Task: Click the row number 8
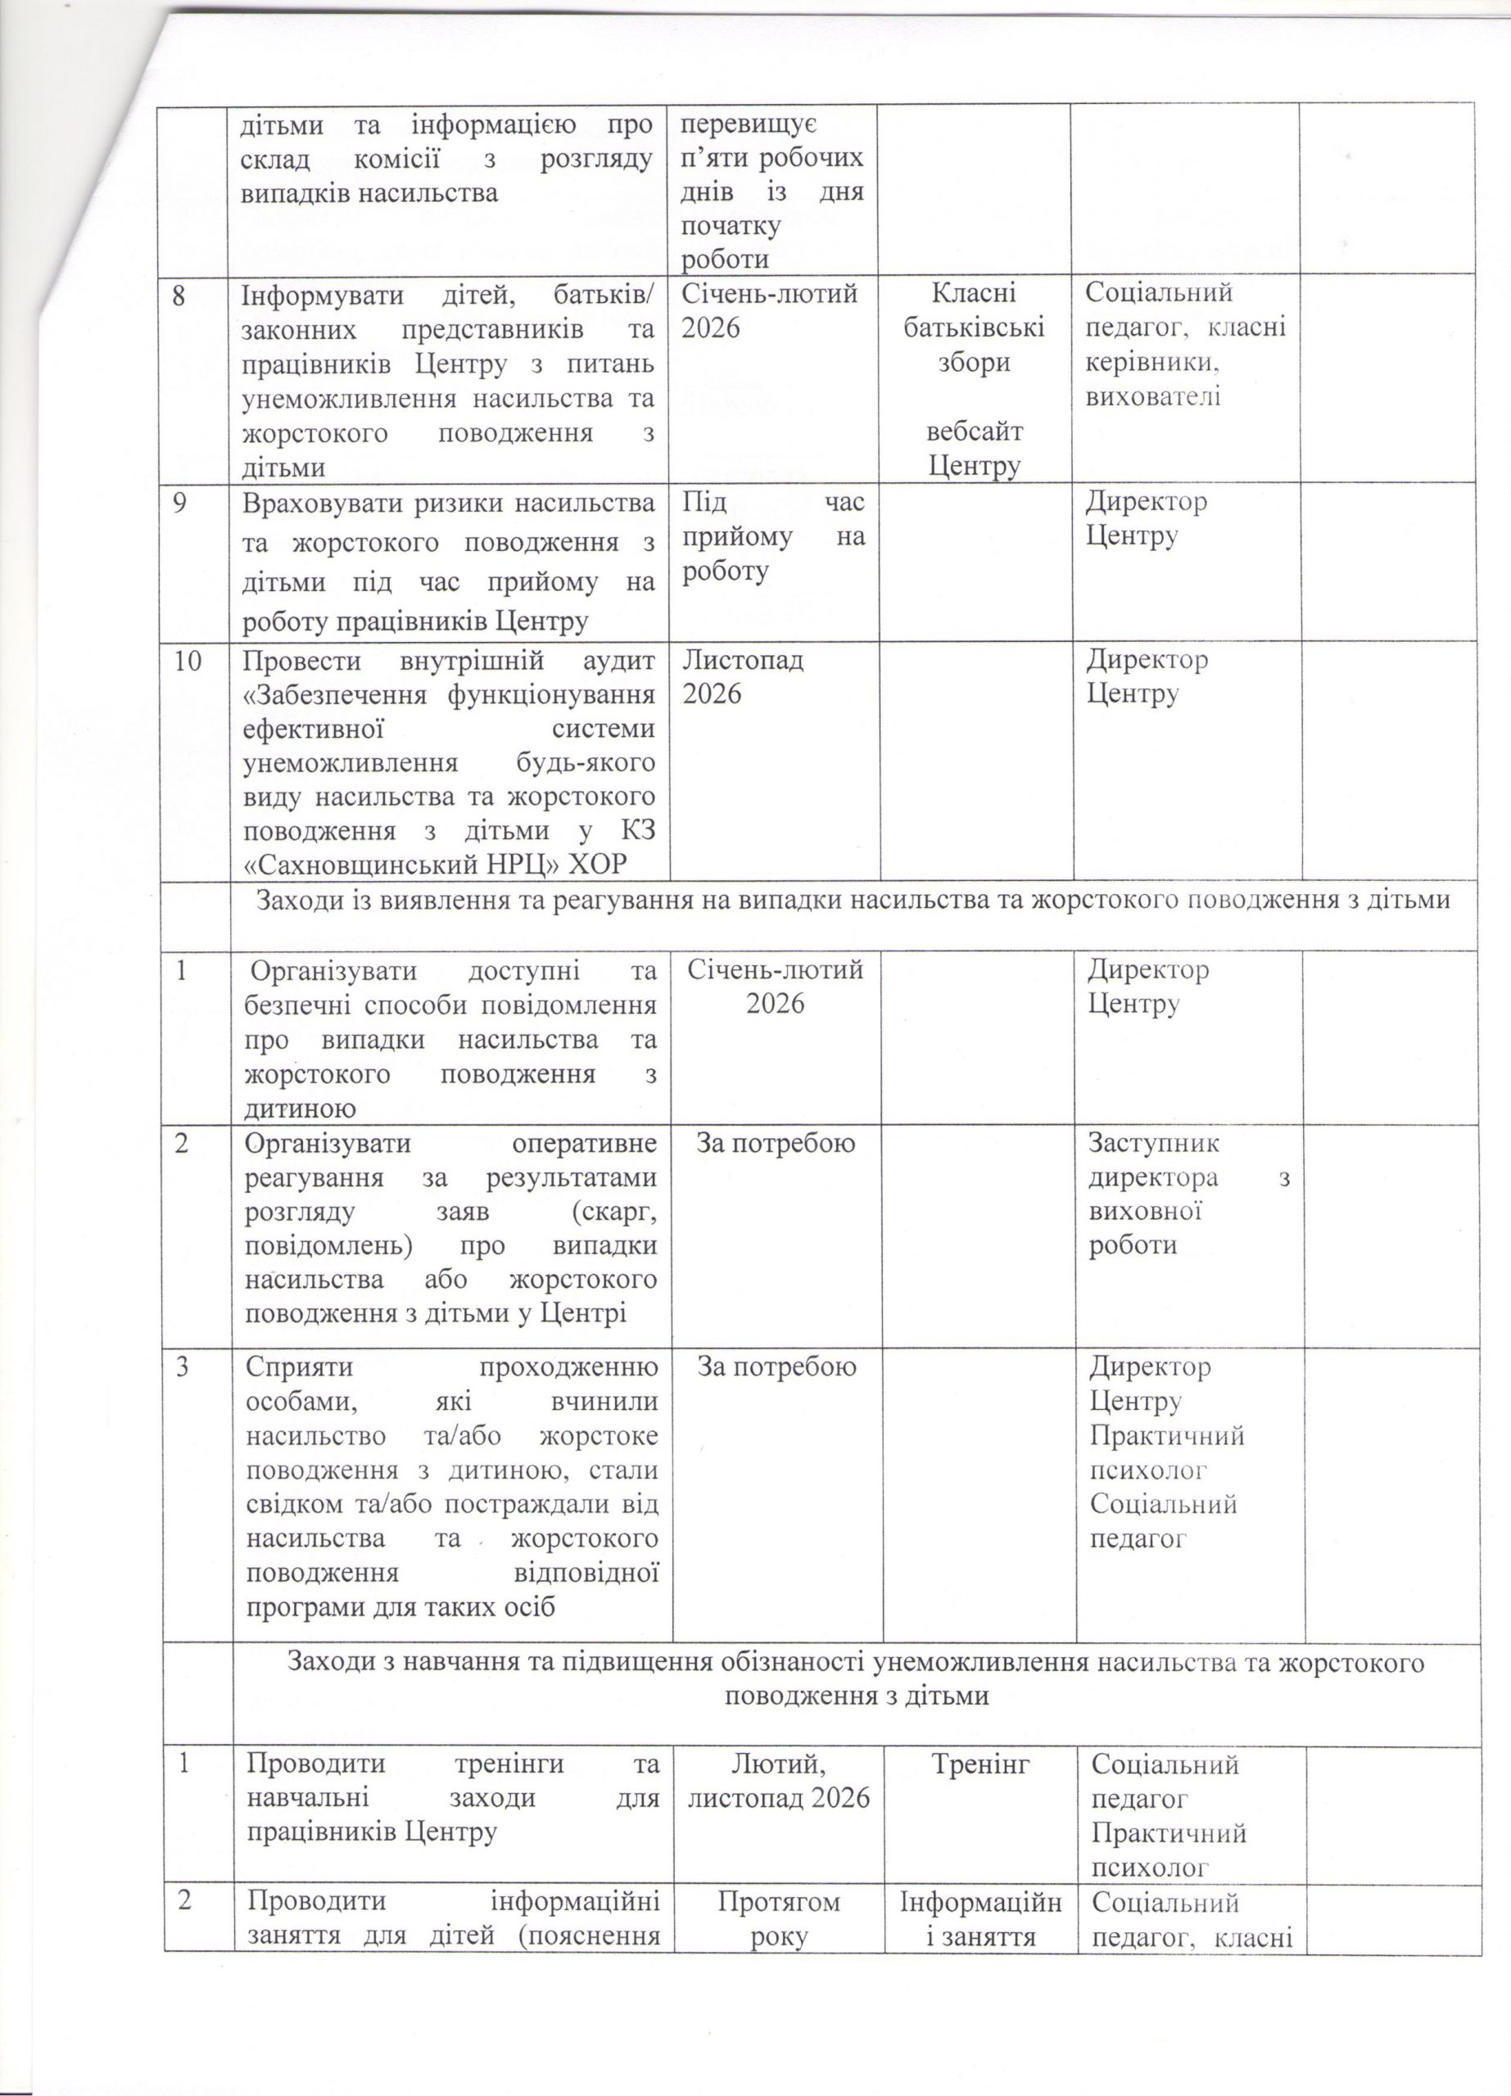pos(187,294)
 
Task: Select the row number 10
pos(192,661)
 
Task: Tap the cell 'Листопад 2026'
pos(743,676)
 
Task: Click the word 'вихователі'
pos(1153,397)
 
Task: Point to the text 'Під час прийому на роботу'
pos(772,537)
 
